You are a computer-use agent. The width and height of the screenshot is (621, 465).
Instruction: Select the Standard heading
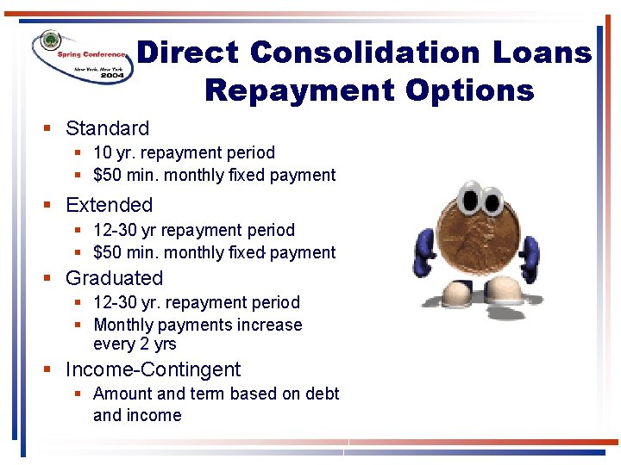(107, 128)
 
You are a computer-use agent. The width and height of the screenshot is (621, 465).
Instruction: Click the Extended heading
(109, 205)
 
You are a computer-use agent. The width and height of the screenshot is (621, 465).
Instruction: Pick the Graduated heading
(114, 278)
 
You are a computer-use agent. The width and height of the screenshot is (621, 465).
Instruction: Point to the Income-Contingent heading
(153, 369)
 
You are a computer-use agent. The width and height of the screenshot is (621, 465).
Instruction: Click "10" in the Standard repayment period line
(103, 152)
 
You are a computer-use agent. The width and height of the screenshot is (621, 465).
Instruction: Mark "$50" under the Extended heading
(108, 252)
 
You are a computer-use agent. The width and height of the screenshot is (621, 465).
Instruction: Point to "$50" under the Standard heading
(108, 175)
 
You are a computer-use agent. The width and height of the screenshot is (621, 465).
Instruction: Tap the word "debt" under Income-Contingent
(323, 394)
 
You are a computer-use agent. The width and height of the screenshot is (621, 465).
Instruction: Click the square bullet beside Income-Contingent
(48, 370)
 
